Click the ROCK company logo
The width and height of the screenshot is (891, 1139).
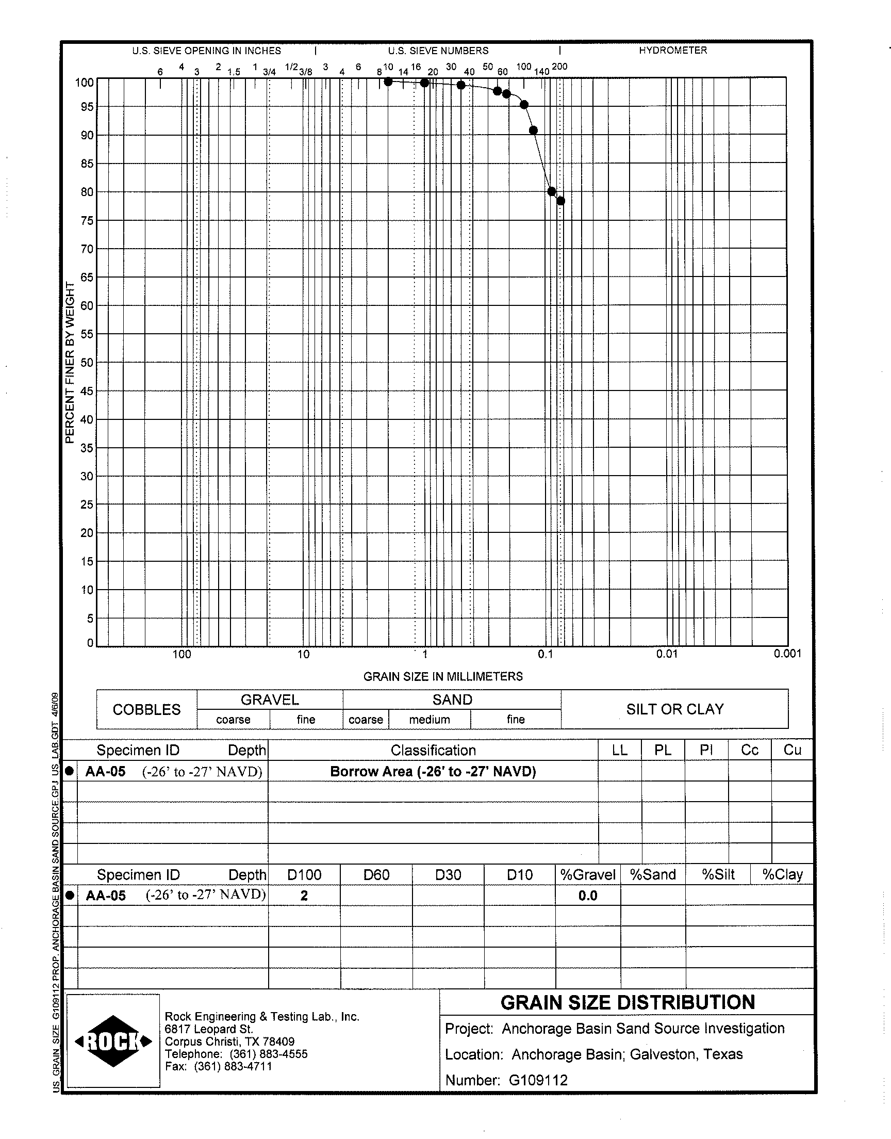(x=113, y=1041)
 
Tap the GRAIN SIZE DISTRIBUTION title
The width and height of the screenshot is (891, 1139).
(x=628, y=1002)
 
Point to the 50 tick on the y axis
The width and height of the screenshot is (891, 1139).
(x=87, y=363)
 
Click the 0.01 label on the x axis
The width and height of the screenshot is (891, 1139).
(x=667, y=654)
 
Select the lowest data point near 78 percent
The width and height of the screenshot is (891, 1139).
(x=561, y=201)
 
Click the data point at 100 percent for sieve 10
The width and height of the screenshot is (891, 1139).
(x=388, y=82)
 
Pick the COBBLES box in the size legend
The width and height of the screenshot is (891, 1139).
(x=146, y=710)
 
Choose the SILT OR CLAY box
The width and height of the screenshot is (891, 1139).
(x=675, y=709)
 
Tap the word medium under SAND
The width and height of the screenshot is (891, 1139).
(x=430, y=720)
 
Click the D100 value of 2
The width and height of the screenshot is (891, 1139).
(x=304, y=896)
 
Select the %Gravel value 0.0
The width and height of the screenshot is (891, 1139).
(x=588, y=896)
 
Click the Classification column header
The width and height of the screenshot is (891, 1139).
(x=433, y=750)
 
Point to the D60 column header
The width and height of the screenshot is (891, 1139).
(x=376, y=874)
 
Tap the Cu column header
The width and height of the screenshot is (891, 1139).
(x=792, y=750)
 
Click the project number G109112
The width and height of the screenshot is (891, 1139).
(x=538, y=1080)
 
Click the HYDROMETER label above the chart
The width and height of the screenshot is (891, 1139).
(x=673, y=51)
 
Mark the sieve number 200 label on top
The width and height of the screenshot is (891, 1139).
(x=559, y=67)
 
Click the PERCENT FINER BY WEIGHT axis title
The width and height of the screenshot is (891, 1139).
(x=70, y=363)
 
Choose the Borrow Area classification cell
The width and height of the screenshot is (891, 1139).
(x=433, y=771)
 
